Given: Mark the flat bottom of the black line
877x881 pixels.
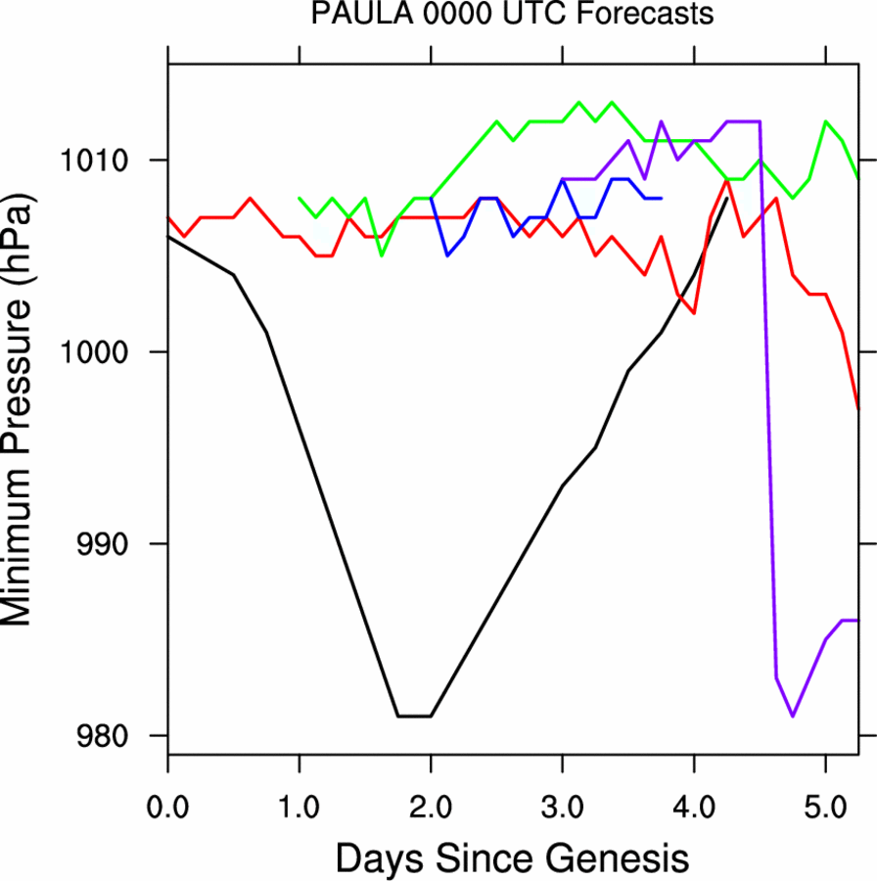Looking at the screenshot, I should pyautogui.click(x=414, y=716).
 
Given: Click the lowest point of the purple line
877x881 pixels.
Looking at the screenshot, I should pyautogui.click(x=793, y=717).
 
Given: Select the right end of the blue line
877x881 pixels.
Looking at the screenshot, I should pyautogui.click(x=662, y=198).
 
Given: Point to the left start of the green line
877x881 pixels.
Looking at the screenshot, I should pyautogui.click(x=300, y=198).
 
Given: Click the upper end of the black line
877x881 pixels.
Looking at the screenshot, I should pyautogui.click(x=726, y=199).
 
